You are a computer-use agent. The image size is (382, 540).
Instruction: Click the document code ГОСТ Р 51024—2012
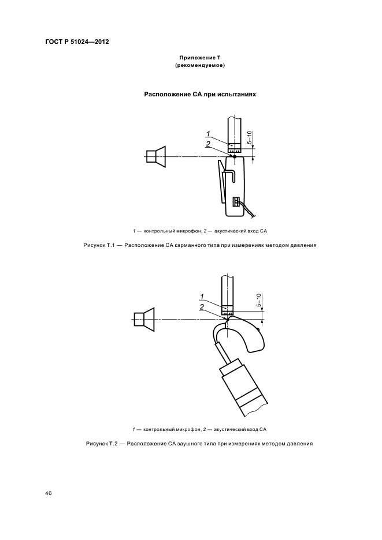77,42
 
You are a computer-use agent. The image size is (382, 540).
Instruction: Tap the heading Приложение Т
199,58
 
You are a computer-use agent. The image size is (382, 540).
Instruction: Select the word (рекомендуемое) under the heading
199,66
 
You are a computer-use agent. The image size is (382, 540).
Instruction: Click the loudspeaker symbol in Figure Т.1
156,156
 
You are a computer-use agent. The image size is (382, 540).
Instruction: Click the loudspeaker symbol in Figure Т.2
144,319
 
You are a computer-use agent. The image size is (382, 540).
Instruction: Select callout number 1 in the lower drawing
202,297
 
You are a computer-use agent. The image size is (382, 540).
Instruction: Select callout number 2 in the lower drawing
202,307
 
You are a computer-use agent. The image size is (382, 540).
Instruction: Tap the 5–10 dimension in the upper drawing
249,137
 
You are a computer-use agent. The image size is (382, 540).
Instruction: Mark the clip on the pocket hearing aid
222,182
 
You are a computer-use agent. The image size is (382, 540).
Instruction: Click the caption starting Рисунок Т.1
199,245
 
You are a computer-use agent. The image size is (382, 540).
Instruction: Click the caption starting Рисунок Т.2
199,444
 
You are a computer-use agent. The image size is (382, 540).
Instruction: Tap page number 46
49,494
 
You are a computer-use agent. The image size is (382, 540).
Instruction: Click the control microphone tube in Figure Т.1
234,130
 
